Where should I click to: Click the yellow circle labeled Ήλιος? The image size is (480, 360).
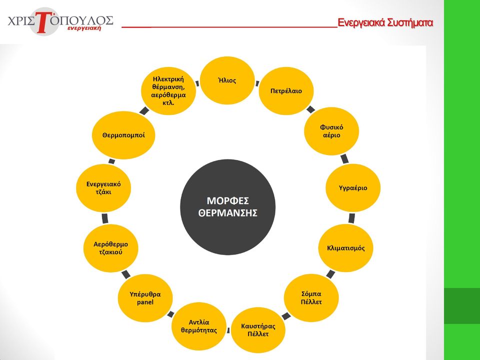(227, 80)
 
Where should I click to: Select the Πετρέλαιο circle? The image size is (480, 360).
(286, 91)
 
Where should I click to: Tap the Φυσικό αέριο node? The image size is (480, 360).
(331, 131)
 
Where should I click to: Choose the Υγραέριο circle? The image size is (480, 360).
(353, 187)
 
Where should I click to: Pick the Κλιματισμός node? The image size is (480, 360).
(346, 248)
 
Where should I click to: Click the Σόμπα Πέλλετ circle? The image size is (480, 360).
(311, 298)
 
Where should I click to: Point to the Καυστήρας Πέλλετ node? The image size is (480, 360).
(258, 330)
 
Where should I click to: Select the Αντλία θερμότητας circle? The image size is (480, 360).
(199, 326)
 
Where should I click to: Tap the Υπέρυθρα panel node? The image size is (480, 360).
(145, 298)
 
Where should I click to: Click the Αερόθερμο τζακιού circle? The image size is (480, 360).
(111, 248)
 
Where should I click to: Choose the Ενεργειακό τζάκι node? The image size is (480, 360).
(103, 188)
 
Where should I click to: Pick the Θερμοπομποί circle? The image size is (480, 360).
(123, 135)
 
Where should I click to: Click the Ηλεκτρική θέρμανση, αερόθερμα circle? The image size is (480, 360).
(168, 91)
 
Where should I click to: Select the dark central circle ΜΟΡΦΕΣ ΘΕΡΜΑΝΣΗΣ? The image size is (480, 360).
(228, 207)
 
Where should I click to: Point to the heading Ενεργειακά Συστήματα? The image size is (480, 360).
(385, 22)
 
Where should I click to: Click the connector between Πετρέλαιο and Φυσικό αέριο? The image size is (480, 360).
(310, 109)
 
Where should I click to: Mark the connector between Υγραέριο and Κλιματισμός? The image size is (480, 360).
(351, 218)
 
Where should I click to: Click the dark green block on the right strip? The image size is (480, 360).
(462, 306)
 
